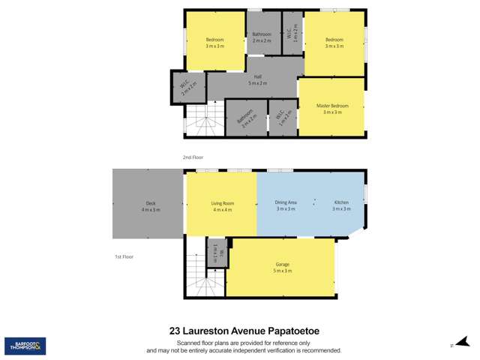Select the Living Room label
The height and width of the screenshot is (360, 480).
[x=223, y=203]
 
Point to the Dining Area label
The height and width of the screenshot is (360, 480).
[x=286, y=203]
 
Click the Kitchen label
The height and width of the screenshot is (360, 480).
[x=341, y=203]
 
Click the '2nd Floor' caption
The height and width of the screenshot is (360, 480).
[x=193, y=157]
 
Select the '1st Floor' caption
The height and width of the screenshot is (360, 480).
[x=124, y=256]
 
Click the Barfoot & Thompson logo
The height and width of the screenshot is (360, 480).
[x=25, y=346]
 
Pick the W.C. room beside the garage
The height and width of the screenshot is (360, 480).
[x=217, y=253]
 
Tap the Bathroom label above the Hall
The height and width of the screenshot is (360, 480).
[x=262, y=34]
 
